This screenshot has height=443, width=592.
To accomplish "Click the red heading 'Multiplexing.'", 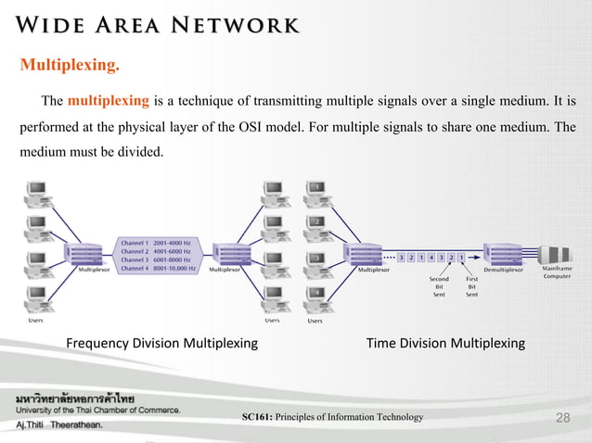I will click(x=70, y=66).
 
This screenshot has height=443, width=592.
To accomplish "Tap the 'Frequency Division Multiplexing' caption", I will click(x=161, y=344).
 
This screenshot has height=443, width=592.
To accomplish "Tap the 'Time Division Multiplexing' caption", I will click(x=445, y=344).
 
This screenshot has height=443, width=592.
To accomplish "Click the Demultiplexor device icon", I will click(x=502, y=253).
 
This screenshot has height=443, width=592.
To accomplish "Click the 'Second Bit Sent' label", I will click(x=439, y=285).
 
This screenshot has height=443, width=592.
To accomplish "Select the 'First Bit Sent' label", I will click(x=471, y=285).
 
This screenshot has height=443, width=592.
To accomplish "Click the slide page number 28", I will click(x=561, y=419).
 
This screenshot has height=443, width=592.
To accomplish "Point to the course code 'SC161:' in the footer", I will click(x=257, y=418).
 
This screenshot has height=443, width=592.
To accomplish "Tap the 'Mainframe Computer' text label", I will click(x=557, y=272).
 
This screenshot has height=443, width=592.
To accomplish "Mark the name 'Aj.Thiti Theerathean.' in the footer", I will click(x=58, y=424).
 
